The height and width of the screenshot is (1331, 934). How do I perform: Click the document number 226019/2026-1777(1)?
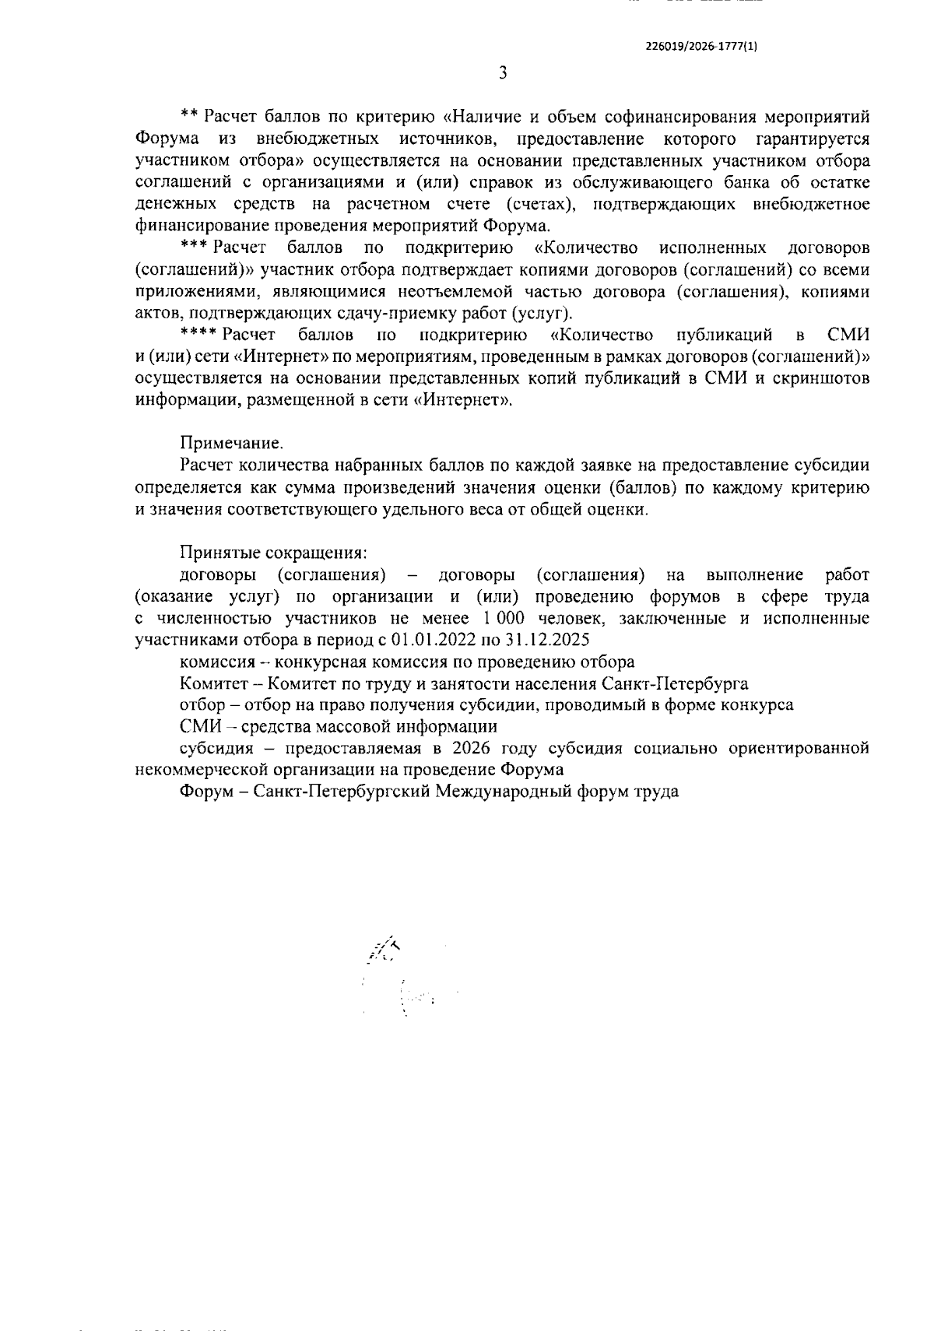pyautogui.click(x=702, y=45)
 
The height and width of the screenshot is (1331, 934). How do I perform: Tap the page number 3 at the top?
pyautogui.click(x=502, y=73)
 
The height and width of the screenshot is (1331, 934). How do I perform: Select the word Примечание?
pyautogui.click(x=231, y=444)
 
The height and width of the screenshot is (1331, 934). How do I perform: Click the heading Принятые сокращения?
pyautogui.click(x=273, y=553)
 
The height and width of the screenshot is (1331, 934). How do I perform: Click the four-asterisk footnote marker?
pyautogui.click(x=198, y=335)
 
